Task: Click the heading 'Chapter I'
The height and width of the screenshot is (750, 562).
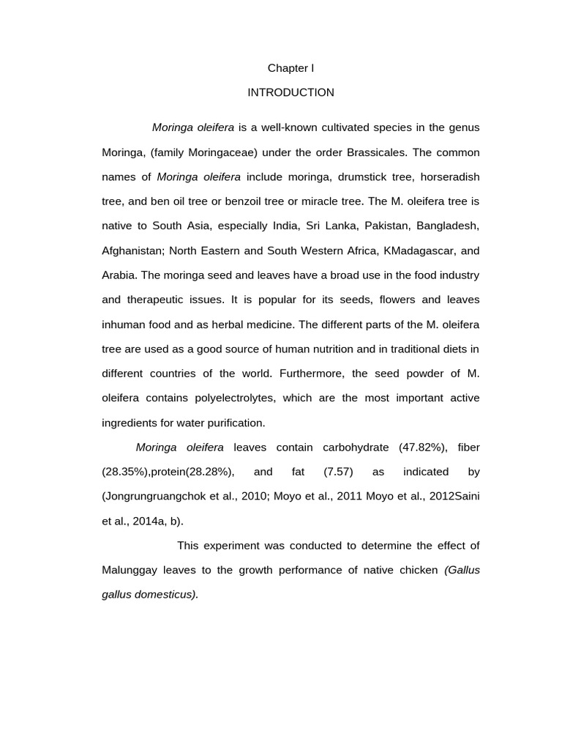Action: coord(291,68)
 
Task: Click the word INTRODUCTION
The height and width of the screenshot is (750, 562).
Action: coord(291,92)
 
